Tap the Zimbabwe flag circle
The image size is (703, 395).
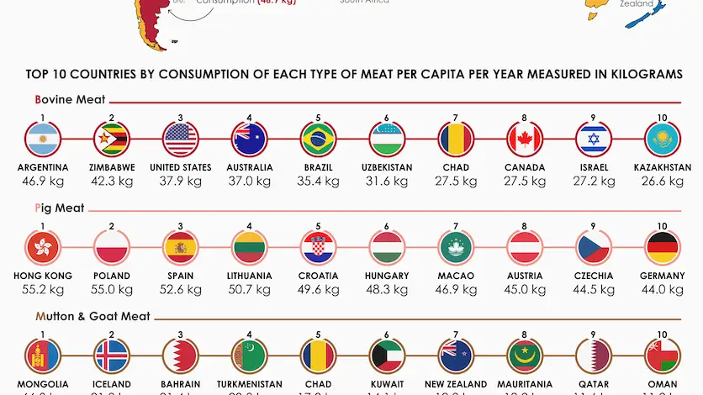(x=112, y=140)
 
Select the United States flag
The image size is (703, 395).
(x=181, y=140)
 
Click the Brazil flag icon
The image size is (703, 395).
(x=319, y=140)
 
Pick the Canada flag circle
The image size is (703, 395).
(x=525, y=140)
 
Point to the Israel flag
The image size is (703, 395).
(x=594, y=140)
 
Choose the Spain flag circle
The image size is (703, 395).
(x=181, y=248)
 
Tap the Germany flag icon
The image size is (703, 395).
(x=663, y=248)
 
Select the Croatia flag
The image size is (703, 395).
(x=319, y=248)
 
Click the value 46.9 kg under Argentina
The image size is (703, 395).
(x=43, y=182)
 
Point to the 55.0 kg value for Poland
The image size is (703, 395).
(x=112, y=290)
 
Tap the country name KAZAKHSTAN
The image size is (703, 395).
(x=663, y=167)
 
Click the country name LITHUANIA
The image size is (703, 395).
(x=250, y=276)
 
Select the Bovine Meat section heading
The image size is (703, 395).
(x=71, y=100)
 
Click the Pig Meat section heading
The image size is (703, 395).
(x=60, y=208)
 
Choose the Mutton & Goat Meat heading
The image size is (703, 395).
(x=92, y=317)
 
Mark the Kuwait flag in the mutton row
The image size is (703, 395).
(x=388, y=355)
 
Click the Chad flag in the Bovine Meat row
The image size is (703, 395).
(x=456, y=140)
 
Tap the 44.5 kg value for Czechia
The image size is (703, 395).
(x=594, y=290)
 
